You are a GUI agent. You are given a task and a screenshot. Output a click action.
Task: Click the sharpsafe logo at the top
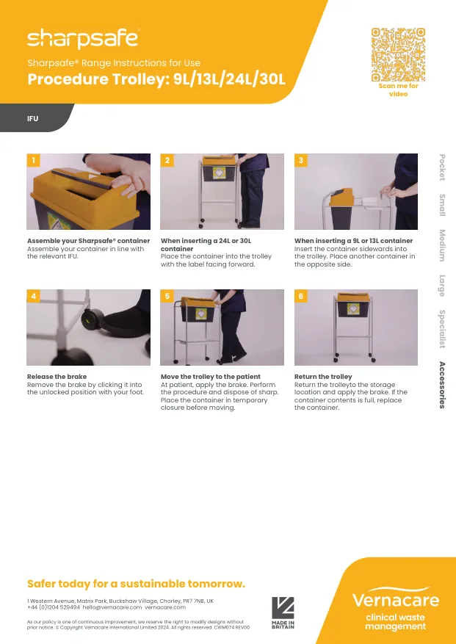(x=82, y=37)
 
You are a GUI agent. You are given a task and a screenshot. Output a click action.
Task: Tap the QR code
(x=398, y=54)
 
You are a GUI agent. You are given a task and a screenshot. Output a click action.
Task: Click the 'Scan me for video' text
(x=398, y=90)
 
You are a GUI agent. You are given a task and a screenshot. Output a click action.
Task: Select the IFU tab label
(x=33, y=118)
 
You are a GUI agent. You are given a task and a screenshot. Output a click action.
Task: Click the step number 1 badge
(x=33, y=160)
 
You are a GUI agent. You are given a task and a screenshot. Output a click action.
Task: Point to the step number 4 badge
(x=33, y=296)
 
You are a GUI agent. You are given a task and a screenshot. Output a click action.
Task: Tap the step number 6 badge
(x=300, y=296)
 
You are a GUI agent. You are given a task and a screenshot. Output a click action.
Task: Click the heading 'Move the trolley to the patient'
(x=210, y=377)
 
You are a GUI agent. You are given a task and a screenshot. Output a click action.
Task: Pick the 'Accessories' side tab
(x=442, y=385)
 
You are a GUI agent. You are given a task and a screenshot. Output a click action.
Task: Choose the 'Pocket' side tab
(x=442, y=167)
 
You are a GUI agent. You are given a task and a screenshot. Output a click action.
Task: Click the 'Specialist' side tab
(x=442, y=329)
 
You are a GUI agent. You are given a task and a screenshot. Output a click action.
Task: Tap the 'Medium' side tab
(x=442, y=245)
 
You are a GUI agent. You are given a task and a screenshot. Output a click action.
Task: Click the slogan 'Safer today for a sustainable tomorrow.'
(x=136, y=584)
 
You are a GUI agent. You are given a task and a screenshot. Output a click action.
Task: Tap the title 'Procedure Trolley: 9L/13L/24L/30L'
(x=156, y=79)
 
